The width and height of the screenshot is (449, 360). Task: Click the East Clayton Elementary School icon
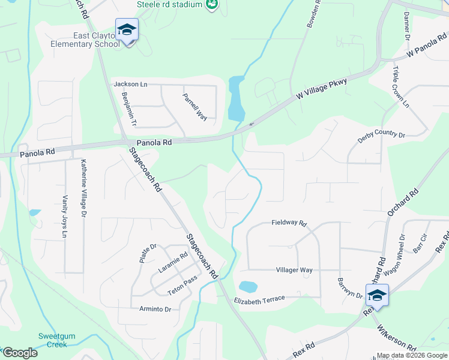coord(127,30)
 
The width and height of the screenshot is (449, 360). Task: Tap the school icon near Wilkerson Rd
coord(377,296)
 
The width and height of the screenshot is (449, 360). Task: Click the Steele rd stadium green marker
coord(211,5)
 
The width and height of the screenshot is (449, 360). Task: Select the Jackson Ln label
coord(130,85)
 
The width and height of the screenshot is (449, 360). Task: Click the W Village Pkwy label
coord(322,89)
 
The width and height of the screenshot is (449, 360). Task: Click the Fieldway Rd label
coord(289,223)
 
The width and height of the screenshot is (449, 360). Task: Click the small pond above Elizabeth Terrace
coord(248,286)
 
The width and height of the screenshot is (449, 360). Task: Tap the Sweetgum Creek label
coord(53,340)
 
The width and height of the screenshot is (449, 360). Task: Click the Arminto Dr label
coord(155,309)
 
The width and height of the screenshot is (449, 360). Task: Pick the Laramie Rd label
coord(173,262)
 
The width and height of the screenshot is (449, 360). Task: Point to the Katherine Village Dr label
coord(83,188)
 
